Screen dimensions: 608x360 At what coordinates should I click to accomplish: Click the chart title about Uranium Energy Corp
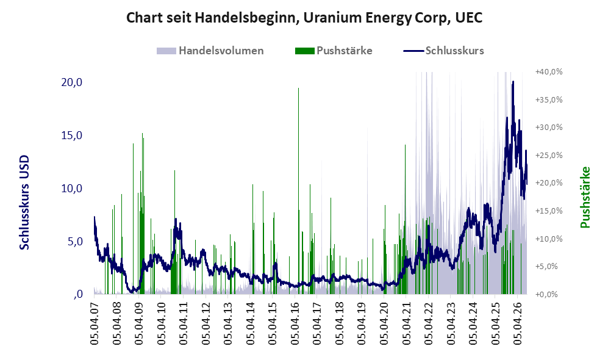(x=304, y=18)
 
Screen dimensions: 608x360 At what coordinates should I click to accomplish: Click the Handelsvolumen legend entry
(x=210, y=51)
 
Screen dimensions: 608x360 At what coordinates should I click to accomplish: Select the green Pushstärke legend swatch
(x=304, y=51)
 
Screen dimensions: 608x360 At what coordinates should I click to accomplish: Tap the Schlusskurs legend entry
(x=443, y=51)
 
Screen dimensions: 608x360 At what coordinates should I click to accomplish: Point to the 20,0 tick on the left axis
(x=72, y=82)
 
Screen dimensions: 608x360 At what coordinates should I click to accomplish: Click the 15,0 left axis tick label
(x=72, y=135)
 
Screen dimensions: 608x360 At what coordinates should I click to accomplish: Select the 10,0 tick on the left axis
(x=72, y=189)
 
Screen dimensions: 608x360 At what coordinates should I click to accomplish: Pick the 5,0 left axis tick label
(x=75, y=241)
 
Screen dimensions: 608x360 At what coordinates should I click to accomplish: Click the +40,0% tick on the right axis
(x=549, y=72)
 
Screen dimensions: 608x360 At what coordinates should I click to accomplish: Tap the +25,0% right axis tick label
(x=549, y=155)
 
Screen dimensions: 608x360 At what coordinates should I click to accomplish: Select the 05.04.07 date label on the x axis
(x=95, y=322)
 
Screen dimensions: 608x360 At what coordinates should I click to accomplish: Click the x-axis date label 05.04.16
(x=295, y=322)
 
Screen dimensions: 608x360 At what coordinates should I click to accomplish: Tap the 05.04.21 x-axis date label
(x=406, y=322)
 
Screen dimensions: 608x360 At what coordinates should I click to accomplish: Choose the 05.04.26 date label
(x=517, y=322)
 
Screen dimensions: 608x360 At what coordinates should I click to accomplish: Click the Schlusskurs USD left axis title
(x=24, y=203)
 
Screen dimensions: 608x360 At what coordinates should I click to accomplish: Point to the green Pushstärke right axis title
(x=585, y=197)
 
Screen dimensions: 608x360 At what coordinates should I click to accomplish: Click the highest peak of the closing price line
(x=513, y=82)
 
